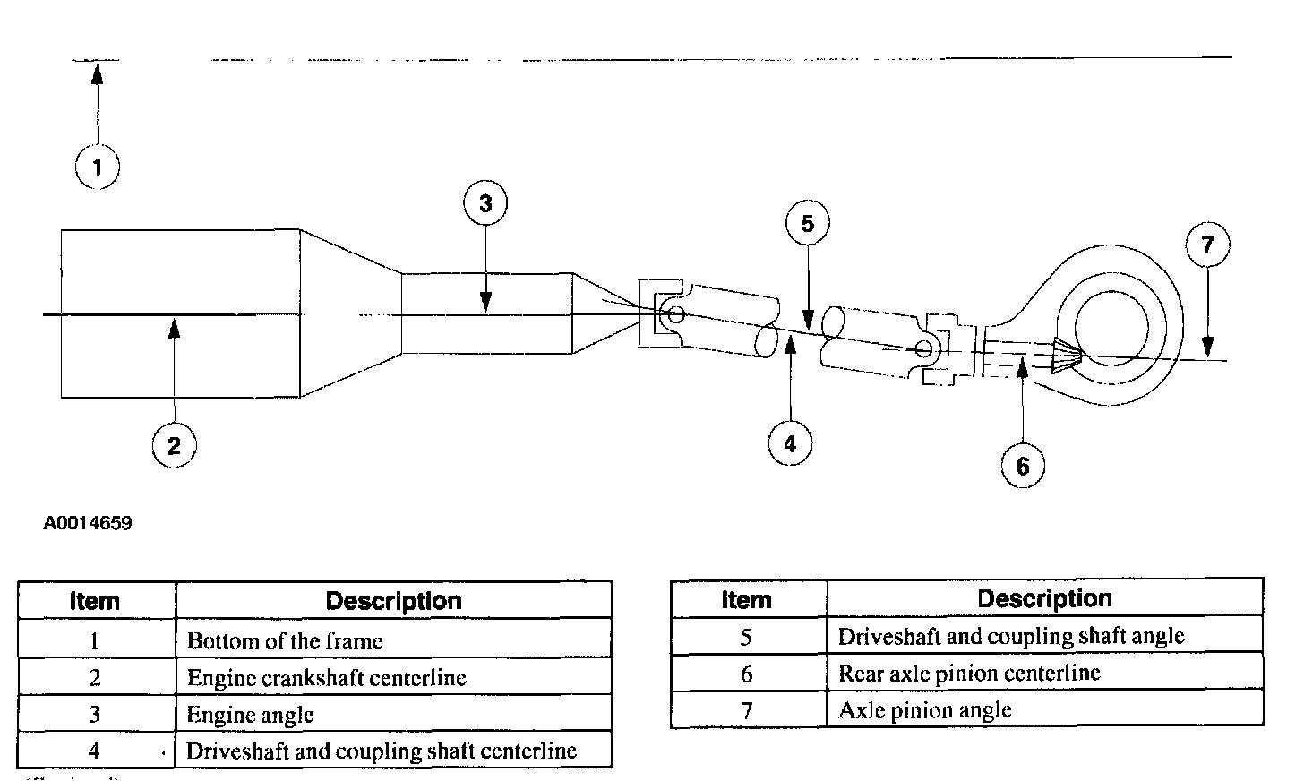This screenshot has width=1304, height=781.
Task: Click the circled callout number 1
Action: (x=97, y=167)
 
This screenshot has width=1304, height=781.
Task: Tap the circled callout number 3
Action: (x=485, y=203)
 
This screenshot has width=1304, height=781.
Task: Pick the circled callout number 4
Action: (x=789, y=442)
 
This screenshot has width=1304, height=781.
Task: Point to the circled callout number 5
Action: (x=807, y=223)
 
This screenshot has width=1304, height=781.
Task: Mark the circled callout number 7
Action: (x=1207, y=244)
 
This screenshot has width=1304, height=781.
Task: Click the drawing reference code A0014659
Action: (x=88, y=523)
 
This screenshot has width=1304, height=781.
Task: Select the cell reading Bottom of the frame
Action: (x=285, y=641)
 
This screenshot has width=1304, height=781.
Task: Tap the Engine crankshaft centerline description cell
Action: (x=326, y=678)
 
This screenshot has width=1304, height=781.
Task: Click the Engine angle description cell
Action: (x=251, y=715)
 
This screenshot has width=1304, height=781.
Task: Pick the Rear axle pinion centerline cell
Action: (x=969, y=674)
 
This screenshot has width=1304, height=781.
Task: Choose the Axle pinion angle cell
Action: (x=924, y=710)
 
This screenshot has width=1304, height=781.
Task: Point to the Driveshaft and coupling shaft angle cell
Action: (x=1010, y=637)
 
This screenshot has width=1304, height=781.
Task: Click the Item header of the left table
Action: (x=95, y=601)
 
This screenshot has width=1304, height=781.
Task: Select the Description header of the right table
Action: (x=1044, y=598)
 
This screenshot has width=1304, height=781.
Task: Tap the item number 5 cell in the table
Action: (x=747, y=637)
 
